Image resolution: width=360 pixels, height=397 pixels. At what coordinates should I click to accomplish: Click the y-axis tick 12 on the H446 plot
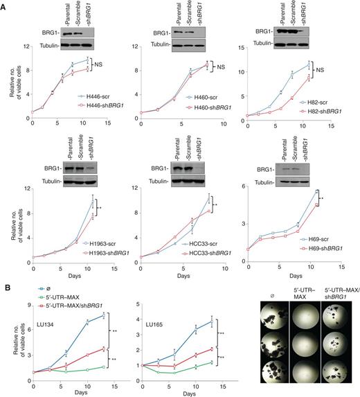point(26,46)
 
